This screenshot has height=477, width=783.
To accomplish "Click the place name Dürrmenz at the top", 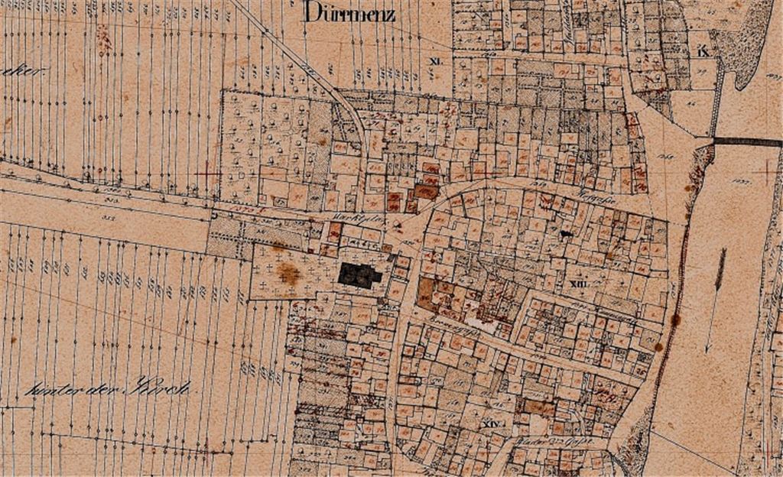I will coord(349,12).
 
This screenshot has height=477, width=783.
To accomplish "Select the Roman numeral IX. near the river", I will coord(703,52).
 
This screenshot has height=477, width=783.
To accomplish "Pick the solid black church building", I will coord(360,275).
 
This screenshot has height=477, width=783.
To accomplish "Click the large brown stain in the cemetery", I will coord(288,273).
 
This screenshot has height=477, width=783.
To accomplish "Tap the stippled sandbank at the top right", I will coord(746,38).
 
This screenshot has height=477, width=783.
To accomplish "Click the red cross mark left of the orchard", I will coord(207,174).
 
